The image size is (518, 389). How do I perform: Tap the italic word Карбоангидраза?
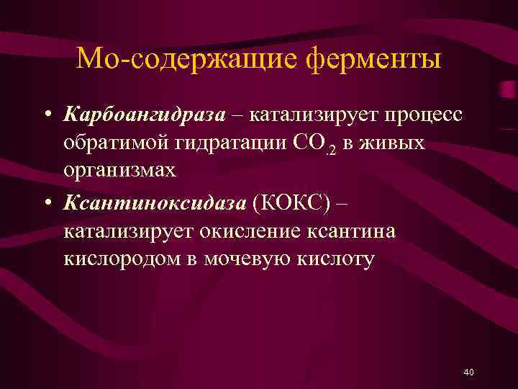pyautogui.click(x=144, y=115)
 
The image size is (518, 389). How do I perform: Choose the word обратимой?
pyautogui.click(x=115, y=143)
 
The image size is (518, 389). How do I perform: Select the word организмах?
pyautogui.click(x=119, y=170)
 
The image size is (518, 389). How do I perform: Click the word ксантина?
pyautogui.click(x=354, y=232)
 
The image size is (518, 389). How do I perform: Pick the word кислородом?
pyautogui.click(x=127, y=259)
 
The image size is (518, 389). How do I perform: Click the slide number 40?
pyautogui.click(x=469, y=372)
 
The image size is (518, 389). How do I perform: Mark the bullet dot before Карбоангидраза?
pyautogui.click(x=46, y=116)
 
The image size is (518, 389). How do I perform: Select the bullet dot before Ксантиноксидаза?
pyautogui.click(x=46, y=204)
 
